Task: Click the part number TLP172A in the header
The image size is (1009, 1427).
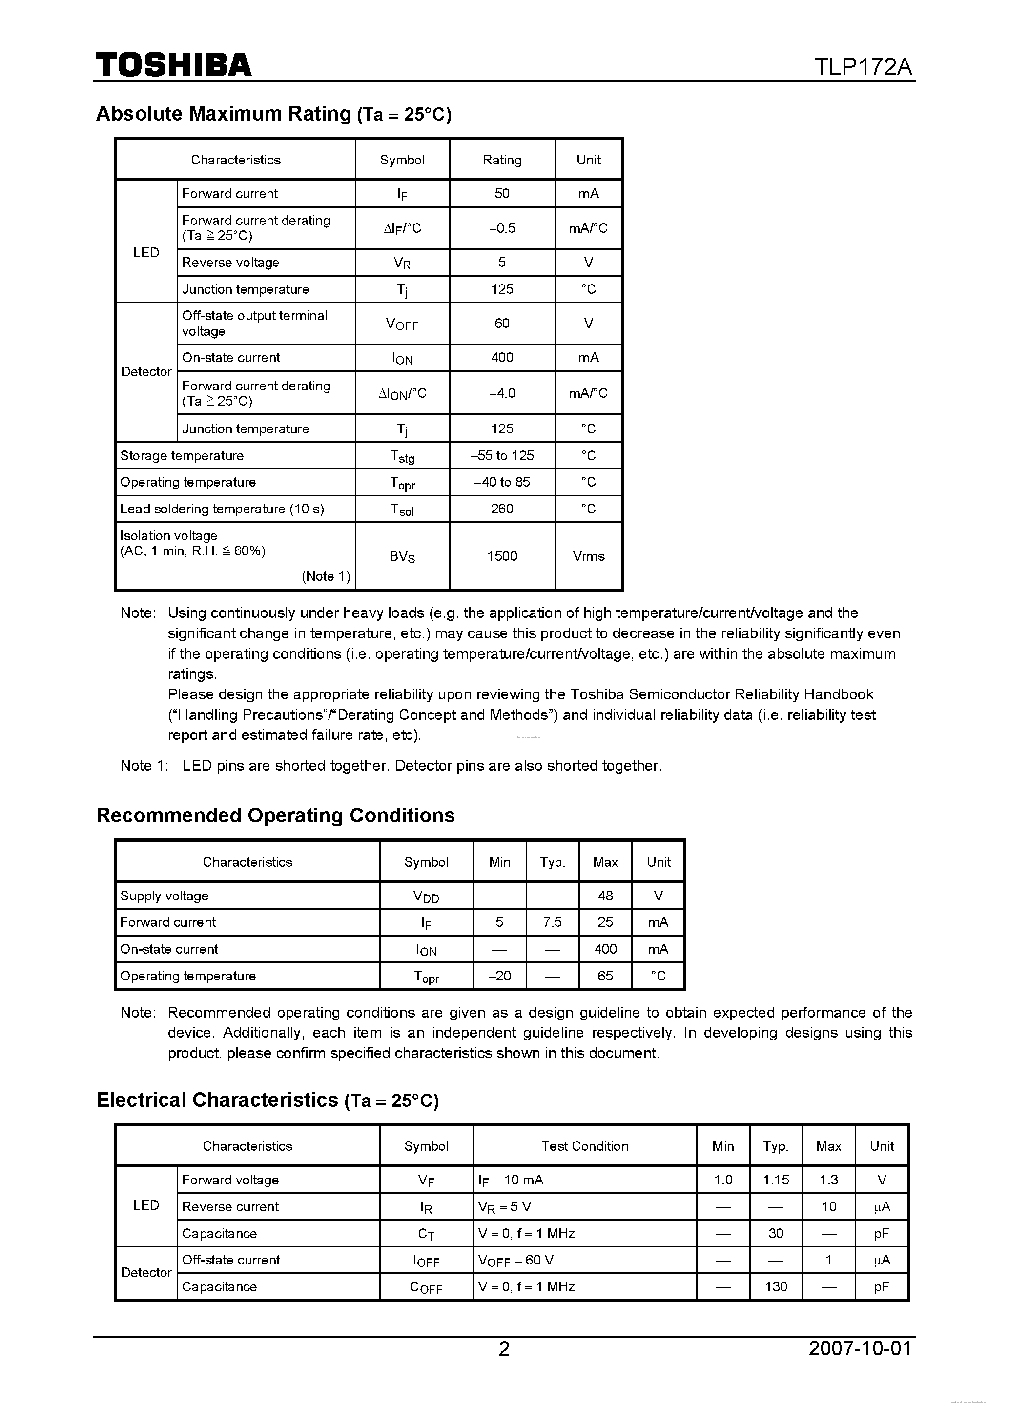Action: pos(863,66)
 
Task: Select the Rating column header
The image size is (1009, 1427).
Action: pos(502,160)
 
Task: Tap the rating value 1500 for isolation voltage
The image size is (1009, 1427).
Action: pos(502,556)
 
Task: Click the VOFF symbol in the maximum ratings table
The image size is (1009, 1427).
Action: pos(402,324)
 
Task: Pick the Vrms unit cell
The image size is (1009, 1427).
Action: pos(588,556)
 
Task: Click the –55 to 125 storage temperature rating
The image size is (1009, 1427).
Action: pos(502,455)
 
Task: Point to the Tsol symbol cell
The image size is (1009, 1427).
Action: pos(402,509)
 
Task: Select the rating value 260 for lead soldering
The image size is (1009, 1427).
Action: pos(502,509)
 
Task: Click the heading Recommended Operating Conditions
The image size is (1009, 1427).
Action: pos(275,815)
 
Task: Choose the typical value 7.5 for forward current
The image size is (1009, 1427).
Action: pos(552,922)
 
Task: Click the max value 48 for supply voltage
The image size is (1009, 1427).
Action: pos(605,896)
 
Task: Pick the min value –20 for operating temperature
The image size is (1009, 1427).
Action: pos(499,976)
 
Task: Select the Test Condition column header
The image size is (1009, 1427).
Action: pos(584,1146)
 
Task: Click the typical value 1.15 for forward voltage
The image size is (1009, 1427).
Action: pos(776,1180)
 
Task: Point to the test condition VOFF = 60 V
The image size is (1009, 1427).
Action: pos(516,1260)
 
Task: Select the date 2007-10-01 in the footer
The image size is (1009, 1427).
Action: pos(860,1348)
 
